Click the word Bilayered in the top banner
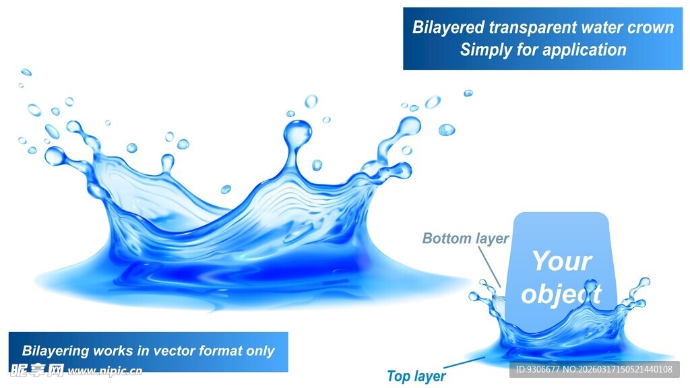448,27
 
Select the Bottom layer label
465,238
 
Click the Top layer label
416,376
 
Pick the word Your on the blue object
562,261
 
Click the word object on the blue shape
561,294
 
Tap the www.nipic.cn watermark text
104,371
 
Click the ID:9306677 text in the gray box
537,370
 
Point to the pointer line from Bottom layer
489,267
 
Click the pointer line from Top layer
464,362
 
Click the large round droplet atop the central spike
297,131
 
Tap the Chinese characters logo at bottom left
38,371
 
